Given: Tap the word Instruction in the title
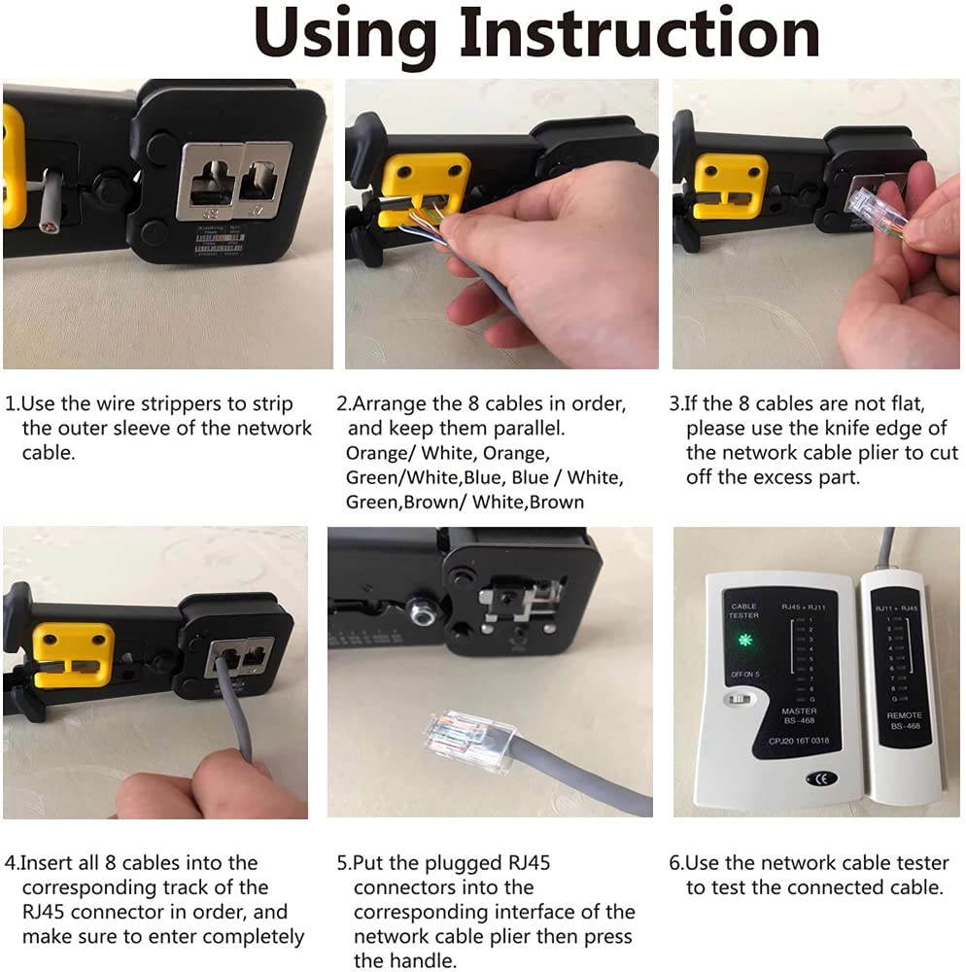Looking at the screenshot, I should click(641, 34).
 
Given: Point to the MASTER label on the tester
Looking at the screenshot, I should click(799, 712).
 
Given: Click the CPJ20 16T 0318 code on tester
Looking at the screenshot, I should click(799, 741).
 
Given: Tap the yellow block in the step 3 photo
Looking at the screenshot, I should click(730, 185).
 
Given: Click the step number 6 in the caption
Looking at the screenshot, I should click(676, 863).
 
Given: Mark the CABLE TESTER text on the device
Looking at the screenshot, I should click(743, 612).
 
